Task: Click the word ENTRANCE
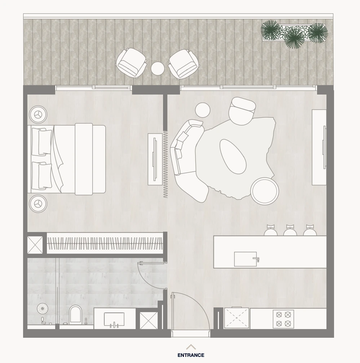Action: (191, 355)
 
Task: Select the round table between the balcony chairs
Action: (158, 68)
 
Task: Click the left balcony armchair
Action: (131, 63)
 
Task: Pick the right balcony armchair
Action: (184, 64)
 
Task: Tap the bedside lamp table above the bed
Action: (38, 115)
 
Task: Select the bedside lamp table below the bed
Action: (38, 204)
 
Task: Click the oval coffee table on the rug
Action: (233, 157)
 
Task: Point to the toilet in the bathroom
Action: (75, 314)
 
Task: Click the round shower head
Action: (43, 309)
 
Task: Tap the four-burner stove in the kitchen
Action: (284, 319)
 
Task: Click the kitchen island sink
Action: (246, 259)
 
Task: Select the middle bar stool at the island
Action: (290, 230)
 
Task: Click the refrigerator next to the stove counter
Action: (236, 318)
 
